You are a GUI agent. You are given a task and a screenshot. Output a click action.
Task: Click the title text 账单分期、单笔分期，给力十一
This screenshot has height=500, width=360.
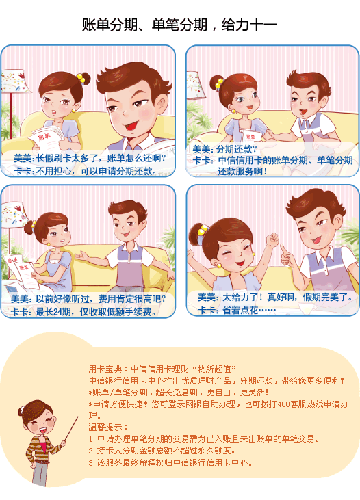point(180,25)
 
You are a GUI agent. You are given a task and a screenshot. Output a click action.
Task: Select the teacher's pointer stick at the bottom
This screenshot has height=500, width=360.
point(70,430)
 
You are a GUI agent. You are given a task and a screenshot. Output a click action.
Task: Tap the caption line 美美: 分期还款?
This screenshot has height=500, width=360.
point(224,149)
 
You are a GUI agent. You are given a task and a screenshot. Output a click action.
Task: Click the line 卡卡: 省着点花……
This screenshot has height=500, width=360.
point(237,310)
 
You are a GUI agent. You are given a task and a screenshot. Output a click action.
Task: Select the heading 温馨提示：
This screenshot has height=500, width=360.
point(109,427)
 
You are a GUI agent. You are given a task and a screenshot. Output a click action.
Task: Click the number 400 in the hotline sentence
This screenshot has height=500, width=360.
point(283,404)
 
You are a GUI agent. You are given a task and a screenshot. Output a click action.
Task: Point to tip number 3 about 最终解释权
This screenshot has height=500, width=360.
point(170,462)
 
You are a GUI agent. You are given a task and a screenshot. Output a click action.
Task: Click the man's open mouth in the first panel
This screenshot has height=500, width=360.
point(131,126)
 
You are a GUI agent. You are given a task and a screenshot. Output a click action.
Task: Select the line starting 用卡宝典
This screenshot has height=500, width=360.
point(162,369)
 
